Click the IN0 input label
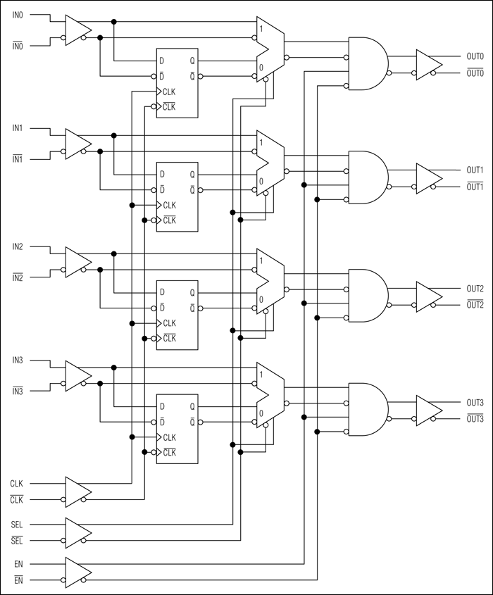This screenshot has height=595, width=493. [x=17, y=14]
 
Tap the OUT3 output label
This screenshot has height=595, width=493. [x=475, y=403]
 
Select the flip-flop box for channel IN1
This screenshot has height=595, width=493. [x=177, y=196]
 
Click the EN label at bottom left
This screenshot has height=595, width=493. [x=17, y=564]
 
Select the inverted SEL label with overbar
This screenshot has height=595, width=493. [x=17, y=541]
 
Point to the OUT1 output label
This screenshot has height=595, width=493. [x=475, y=170]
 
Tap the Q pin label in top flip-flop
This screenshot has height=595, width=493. [x=192, y=61]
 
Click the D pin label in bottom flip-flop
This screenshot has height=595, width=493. [x=162, y=406]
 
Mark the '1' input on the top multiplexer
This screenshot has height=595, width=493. [x=261, y=29]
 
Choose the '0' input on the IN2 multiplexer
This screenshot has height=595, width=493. [x=261, y=299]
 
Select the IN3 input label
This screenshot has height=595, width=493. [x=17, y=361]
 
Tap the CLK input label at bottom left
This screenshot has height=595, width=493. [x=17, y=484]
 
